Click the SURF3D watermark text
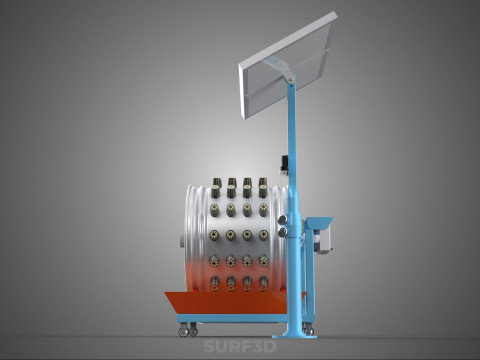[240, 347]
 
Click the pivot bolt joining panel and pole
[291, 80]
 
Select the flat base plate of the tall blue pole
[295, 335]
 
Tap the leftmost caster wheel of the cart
[183, 331]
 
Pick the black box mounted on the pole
[284, 164]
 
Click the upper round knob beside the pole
[282, 219]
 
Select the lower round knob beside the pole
[282, 232]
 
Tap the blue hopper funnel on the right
[319, 223]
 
